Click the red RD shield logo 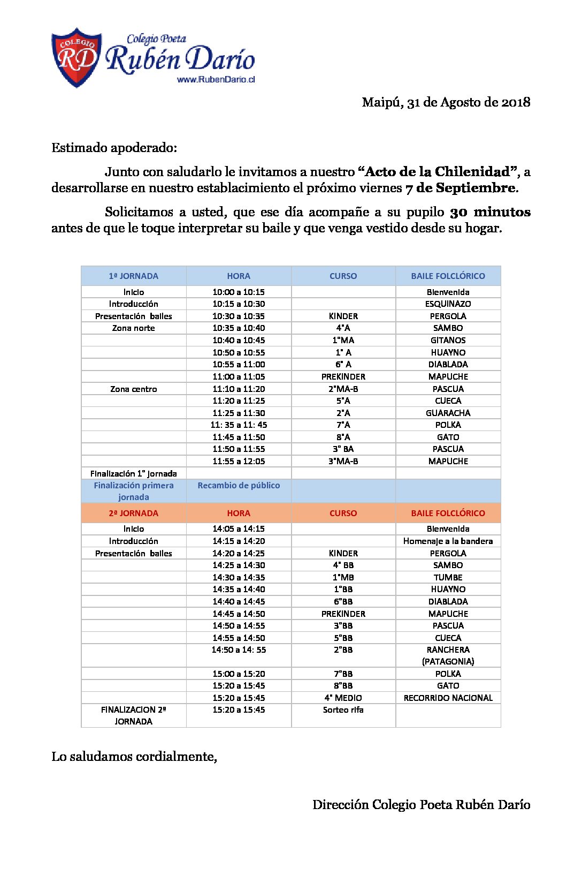tap(76, 58)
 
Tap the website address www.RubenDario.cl tap(216, 79)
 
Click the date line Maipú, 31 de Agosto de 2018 tap(446, 102)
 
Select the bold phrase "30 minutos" tap(490, 212)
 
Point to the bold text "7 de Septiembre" tap(461, 188)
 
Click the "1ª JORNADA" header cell tap(134, 276)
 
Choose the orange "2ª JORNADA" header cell tap(134, 513)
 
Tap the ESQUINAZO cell tap(448, 304)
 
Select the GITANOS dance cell tap(448, 340)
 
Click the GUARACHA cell tap(448, 413)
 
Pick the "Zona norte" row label tap(134, 328)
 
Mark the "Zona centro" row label tap(134, 389)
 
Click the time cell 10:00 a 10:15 tap(239, 292)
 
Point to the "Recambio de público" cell tap(239, 485)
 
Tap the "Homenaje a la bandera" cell tap(448, 541)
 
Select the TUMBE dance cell tap(448, 577)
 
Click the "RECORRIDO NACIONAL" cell tap(448, 698)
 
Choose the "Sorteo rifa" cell tap(343, 709)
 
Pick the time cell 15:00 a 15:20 tap(239, 674)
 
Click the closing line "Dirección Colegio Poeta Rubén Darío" tap(421, 804)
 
